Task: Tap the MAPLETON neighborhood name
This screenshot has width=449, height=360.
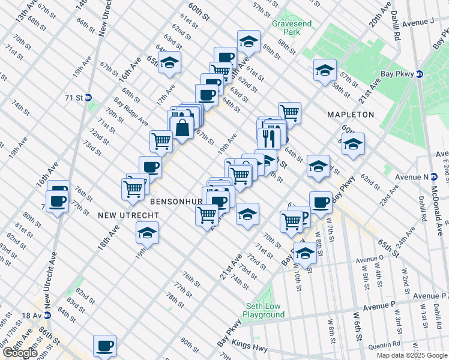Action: point(351,114)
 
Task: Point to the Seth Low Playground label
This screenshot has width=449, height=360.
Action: point(264,311)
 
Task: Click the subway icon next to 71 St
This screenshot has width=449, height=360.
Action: point(88,97)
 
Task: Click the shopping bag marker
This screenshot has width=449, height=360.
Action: point(181,127)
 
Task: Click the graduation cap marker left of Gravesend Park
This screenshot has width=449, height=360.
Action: point(248,41)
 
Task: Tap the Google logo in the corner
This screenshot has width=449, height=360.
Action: point(20,353)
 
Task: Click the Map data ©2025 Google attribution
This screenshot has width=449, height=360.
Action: point(411,355)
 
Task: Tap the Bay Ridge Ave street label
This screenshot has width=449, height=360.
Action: point(131,112)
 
